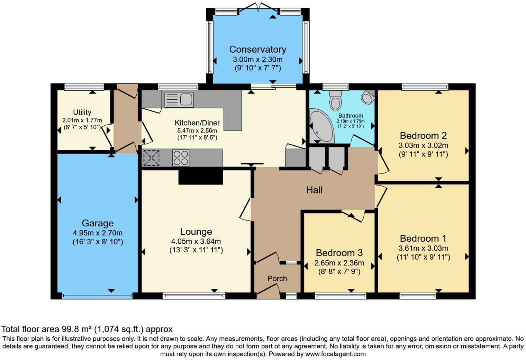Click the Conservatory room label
pyautogui.click(x=257, y=49)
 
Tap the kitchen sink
pyautogui.click(x=179, y=99)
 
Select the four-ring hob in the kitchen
pyautogui.click(x=181, y=158)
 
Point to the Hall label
pyautogui.click(x=314, y=190)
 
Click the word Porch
pyautogui.click(x=277, y=279)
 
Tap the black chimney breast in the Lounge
pyautogui.click(x=201, y=177)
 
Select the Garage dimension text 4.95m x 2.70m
pyautogui.click(x=98, y=233)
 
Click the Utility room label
pyautogui.click(x=82, y=112)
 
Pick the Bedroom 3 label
pyautogui.click(x=339, y=253)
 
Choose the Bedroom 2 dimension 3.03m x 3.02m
pyautogui.click(x=423, y=145)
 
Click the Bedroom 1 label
pyautogui.click(x=423, y=238)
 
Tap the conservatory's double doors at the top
pyautogui.click(x=258, y=7)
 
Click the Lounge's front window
pyautogui.click(x=194, y=296)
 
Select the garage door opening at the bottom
pyautogui.click(x=97, y=296)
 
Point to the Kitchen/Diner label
pyautogui.click(x=197, y=123)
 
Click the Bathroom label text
pyautogui.click(x=351, y=116)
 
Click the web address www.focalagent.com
pyautogui.click(x=335, y=354)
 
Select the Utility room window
pyautogui.click(x=84, y=87)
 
